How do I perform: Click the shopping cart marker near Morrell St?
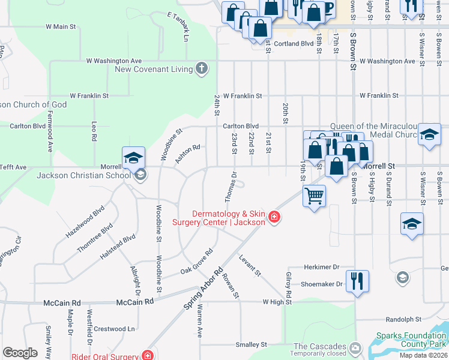click(315, 196)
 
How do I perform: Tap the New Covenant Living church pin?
click(202, 68)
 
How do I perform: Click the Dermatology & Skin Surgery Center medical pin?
click(274, 217)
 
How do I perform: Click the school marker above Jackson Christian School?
click(134, 158)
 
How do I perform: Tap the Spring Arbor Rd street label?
click(203, 289)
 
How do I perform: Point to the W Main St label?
click(61, 26)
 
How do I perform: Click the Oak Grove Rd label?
click(197, 262)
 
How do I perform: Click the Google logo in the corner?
click(20, 352)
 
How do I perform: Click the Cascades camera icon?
click(355, 347)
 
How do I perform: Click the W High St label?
click(276, 302)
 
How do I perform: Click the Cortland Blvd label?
click(294, 44)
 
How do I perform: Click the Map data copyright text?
click(423, 355)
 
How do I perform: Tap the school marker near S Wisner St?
click(412, 225)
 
